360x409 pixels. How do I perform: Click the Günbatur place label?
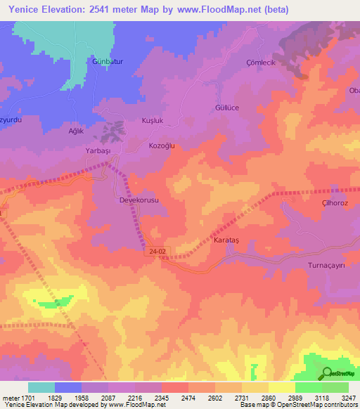(x=108, y=62)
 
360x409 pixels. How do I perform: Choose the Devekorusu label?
(x=139, y=200)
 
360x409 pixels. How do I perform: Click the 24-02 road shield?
(x=159, y=250)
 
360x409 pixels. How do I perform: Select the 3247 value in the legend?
(x=349, y=398)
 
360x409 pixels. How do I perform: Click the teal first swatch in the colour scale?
(x=41, y=387)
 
